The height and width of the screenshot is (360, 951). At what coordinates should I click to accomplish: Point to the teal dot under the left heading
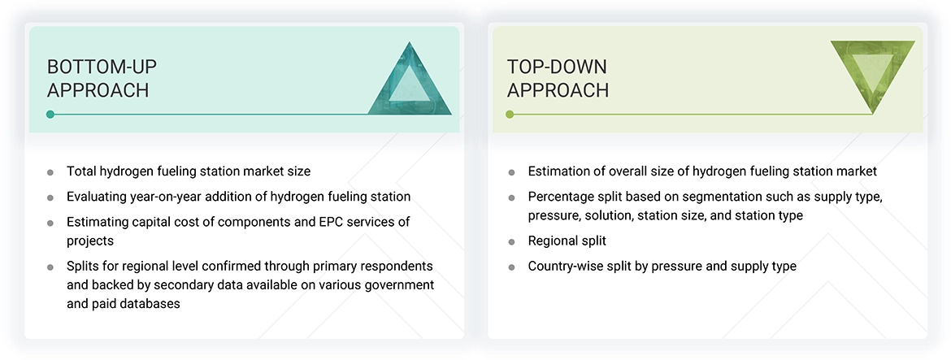click(50, 115)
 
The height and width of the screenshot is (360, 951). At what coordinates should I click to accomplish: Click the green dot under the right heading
click(510, 115)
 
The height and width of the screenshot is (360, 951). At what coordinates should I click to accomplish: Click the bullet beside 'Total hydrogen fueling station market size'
click(50, 172)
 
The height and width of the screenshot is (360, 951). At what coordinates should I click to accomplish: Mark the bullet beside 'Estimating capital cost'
click(50, 222)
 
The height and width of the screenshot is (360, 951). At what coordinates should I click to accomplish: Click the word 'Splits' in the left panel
click(83, 266)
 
